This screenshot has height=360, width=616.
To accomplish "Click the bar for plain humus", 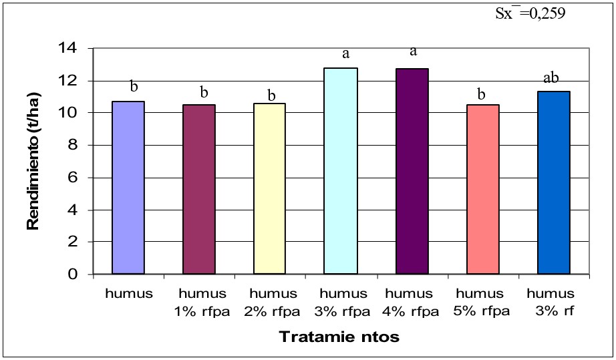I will click(x=128, y=188).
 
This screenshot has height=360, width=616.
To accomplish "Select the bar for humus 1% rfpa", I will click(x=198, y=189).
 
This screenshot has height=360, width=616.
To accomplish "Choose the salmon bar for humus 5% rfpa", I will click(x=482, y=189).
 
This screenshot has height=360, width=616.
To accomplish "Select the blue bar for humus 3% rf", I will click(x=553, y=182).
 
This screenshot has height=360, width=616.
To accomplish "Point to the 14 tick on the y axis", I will click(x=69, y=49).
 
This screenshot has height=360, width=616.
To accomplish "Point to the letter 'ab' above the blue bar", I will click(x=552, y=79).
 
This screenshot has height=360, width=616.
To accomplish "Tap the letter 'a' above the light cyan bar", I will click(x=345, y=53).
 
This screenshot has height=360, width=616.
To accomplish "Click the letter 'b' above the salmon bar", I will click(x=481, y=94).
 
